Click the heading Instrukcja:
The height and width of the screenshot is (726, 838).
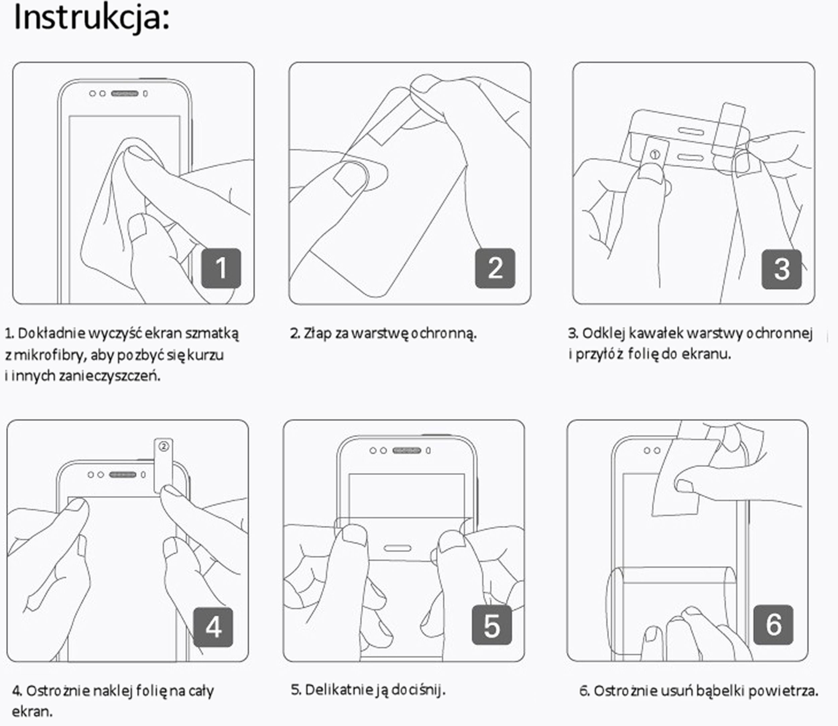(92, 18)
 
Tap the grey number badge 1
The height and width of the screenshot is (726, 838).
(221, 268)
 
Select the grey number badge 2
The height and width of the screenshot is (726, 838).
(495, 268)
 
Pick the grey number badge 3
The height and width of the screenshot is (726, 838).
(781, 269)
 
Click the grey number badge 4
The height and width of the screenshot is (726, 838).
(213, 627)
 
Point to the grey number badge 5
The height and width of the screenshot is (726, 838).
(491, 626)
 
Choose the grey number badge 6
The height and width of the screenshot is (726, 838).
(773, 624)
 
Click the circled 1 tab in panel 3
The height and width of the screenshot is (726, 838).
(655, 154)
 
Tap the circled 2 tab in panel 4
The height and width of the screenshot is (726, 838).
(164, 447)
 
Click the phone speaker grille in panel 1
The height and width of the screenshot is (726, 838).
(125, 94)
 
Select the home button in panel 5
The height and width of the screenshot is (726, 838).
(397, 549)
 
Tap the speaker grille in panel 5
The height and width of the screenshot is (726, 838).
(407, 451)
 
